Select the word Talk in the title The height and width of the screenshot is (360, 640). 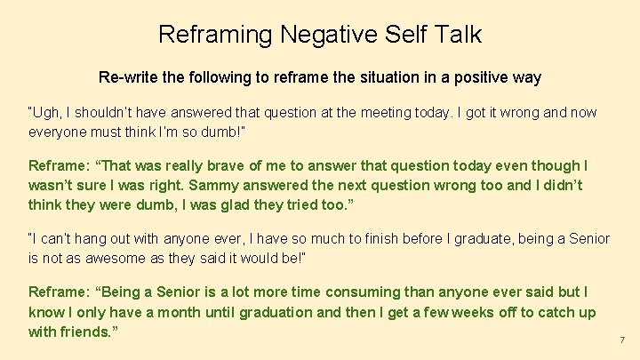(x=458, y=35)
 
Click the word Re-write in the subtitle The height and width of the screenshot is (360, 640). (x=126, y=77)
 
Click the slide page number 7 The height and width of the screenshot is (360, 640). (x=622, y=340)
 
